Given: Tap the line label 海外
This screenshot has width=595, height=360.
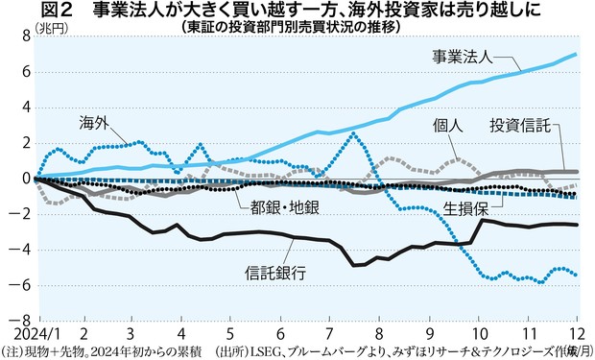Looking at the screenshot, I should click(x=94, y=123).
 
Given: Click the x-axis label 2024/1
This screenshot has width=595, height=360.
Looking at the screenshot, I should click(x=22, y=333).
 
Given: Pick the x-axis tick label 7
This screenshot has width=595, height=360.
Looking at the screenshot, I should click(x=329, y=333).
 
